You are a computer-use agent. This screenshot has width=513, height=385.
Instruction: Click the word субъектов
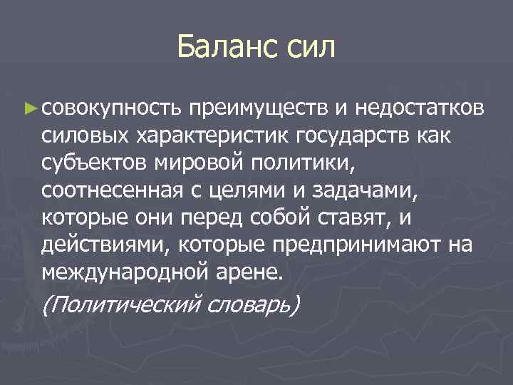[95, 163]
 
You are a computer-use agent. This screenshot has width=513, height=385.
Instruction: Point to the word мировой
[202, 163]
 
